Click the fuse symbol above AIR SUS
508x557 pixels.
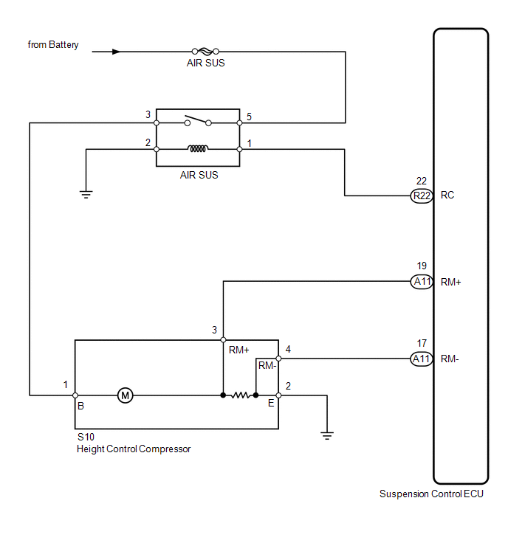tap(205, 52)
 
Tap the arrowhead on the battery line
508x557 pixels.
tap(116, 52)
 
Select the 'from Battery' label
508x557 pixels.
tap(53, 45)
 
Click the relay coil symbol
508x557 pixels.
tap(198, 148)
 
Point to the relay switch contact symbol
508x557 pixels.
tap(198, 120)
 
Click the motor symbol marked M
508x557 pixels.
tap(125, 395)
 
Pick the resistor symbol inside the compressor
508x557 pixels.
tap(240, 395)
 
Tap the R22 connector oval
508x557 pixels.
tap(422, 196)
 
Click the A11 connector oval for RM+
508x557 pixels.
tap(422, 282)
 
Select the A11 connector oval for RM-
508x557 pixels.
tap(422, 359)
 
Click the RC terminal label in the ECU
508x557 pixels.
tap(447, 195)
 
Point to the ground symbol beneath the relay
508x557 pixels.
tap(86, 194)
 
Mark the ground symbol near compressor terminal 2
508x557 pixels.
tap(327, 435)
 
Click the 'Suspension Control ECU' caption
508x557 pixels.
tap(431, 494)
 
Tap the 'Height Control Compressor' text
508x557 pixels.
tap(134, 449)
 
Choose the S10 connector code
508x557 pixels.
tap(86, 437)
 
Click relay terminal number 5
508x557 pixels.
tap(250, 117)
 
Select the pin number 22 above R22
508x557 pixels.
tap(422, 181)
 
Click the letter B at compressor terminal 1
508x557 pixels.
tap(81, 406)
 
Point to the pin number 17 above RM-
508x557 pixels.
tap(422, 343)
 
